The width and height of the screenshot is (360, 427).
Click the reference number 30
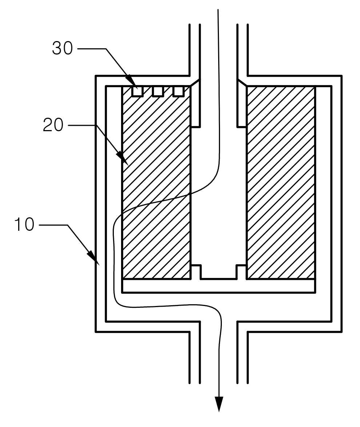pyautogui.click(x=63, y=48)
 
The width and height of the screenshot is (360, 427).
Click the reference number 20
pyautogui.click(x=53, y=125)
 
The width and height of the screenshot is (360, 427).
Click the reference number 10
pyautogui.click(x=24, y=225)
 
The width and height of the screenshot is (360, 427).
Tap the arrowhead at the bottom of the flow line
pyautogui.click(x=219, y=404)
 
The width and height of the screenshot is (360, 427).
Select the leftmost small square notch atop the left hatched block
pyautogui.click(x=137, y=91)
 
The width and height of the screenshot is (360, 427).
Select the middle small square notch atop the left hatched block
pyautogui.click(x=158, y=91)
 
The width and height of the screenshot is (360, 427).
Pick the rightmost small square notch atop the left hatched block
pyautogui.click(x=179, y=91)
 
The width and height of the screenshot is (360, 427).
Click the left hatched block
pyautogui.click(x=156, y=183)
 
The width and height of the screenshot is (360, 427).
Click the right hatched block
pyautogui.click(x=281, y=183)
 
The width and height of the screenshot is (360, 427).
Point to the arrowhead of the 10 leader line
pyautogui.click(x=93, y=258)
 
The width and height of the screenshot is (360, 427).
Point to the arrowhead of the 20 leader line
pyautogui.click(x=123, y=158)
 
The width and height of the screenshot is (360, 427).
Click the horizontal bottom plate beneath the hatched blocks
pyautogui.click(x=219, y=286)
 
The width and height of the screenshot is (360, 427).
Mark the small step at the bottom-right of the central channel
pyautogui.click(x=241, y=272)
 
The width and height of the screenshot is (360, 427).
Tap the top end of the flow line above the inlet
pyautogui.click(x=218, y=10)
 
